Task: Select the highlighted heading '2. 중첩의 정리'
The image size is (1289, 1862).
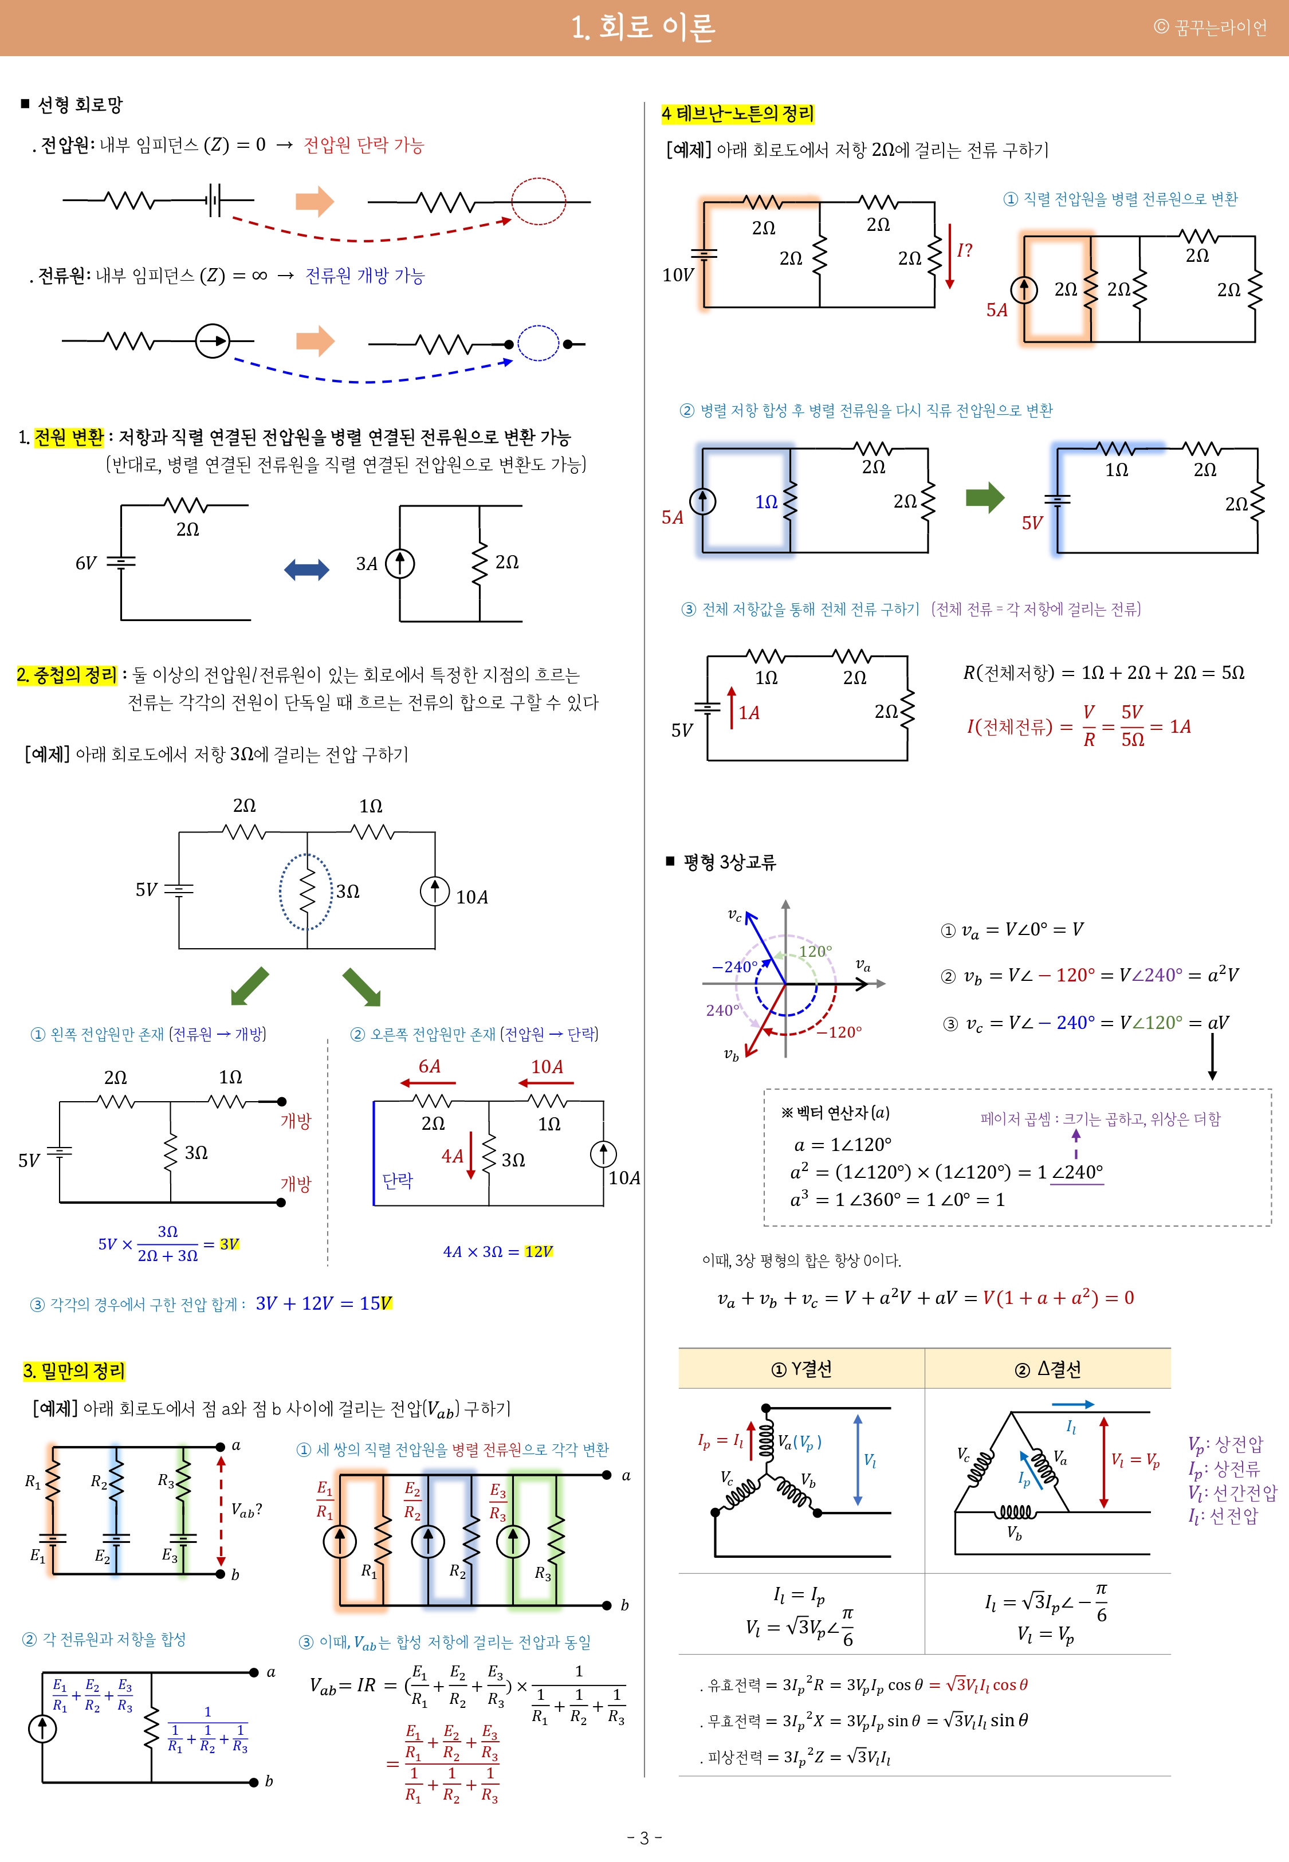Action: [x=67, y=674]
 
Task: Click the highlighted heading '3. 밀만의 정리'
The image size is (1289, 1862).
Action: [x=73, y=1370]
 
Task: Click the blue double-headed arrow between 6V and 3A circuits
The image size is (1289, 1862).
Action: [x=307, y=569]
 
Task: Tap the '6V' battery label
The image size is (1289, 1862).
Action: [x=85, y=563]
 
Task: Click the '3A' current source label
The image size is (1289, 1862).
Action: [x=367, y=564]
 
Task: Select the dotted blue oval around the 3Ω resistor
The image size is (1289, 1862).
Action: [x=306, y=891]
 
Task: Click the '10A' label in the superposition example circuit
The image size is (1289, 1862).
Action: [x=471, y=897]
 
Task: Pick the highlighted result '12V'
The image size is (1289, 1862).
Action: [x=539, y=1252]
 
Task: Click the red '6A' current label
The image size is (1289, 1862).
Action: [x=430, y=1067]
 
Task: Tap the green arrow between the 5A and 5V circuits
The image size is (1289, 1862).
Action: [x=985, y=497]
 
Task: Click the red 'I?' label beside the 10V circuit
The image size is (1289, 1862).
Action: [x=964, y=250]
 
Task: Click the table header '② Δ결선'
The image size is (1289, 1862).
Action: [x=1047, y=1369]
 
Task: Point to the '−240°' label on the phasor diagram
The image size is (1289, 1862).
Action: [x=733, y=967]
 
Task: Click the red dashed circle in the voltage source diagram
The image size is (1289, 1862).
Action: [x=539, y=201]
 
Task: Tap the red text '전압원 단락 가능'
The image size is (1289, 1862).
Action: [x=363, y=146]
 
